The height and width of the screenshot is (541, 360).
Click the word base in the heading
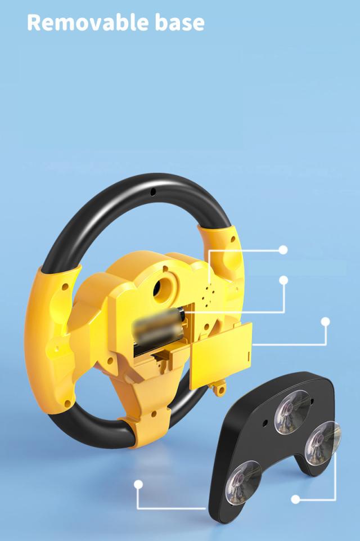tap(179, 23)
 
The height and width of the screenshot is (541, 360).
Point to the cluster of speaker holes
tap(208, 295)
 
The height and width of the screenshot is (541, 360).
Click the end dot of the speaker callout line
tap(283, 250)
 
